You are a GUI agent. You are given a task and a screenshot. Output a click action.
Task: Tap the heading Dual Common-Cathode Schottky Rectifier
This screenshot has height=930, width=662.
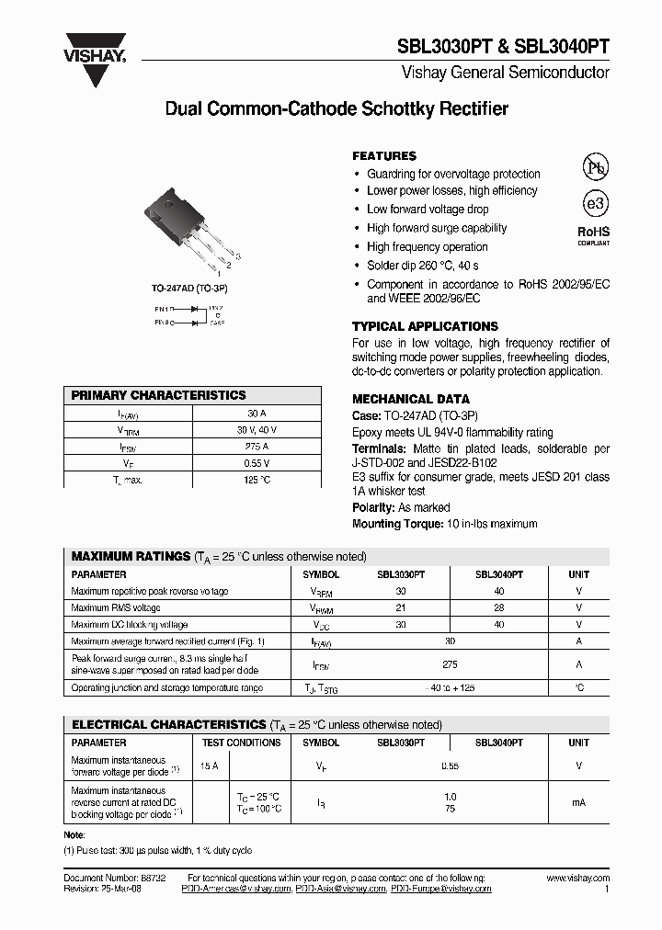click(337, 109)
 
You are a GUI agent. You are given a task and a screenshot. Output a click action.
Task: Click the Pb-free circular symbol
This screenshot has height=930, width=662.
click(595, 166)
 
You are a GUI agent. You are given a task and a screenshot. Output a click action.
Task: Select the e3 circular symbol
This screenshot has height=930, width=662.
click(595, 204)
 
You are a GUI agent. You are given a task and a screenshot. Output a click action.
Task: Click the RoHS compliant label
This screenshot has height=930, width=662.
click(593, 235)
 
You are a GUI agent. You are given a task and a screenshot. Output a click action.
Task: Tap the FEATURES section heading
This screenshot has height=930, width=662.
click(384, 156)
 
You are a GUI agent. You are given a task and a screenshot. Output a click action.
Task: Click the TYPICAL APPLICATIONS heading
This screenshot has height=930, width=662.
click(425, 326)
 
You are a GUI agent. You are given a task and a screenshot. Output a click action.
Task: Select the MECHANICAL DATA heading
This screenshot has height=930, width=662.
click(411, 399)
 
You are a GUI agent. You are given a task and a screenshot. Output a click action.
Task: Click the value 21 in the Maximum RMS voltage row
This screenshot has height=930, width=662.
click(401, 608)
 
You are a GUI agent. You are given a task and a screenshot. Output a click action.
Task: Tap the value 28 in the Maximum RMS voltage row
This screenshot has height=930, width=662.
click(498, 608)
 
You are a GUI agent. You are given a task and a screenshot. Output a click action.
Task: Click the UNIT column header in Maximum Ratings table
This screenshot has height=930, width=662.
click(578, 574)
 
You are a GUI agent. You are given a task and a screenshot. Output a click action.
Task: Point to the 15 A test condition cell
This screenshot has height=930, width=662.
click(209, 766)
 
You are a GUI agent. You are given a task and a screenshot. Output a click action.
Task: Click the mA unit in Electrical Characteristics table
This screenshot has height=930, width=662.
click(578, 802)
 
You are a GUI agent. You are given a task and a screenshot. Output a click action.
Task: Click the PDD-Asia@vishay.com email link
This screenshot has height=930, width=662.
click(340, 890)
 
